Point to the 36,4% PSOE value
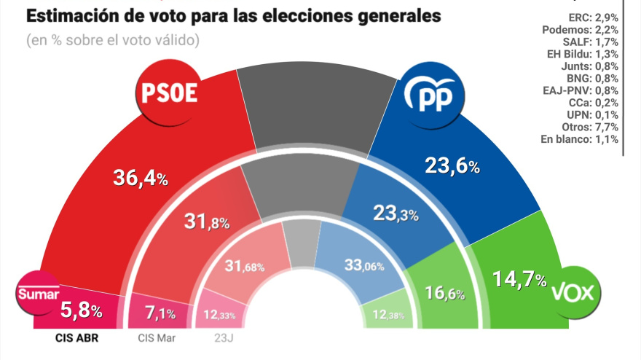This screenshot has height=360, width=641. (x=141, y=177)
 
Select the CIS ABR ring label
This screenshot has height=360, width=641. (x=76, y=337)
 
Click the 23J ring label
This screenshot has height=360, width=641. (x=220, y=337)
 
